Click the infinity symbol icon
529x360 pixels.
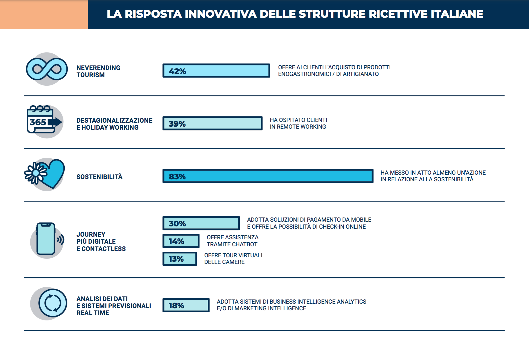pyautogui.click(x=47, y=69)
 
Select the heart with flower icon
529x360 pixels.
pyautogui.click(x=46, y=174)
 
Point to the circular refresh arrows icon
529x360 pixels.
pyautogui.click(x=53, y=303)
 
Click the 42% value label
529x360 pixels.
pyautogui.click(x=177, y=71)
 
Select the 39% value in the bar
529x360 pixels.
pyautogui.click(x=177, y=124)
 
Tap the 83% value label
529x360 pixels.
pyautogui.click(x=177, y=176)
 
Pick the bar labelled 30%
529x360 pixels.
pyautogui.click(x=201, y=223)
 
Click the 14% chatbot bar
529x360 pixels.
pyautogui.click(x=181, y=241)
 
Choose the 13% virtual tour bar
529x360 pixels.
pyautogui.click(x=180, y=259)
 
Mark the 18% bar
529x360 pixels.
pyautogui.click(x=186, y=305)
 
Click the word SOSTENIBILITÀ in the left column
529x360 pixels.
pyautogui.click(x=99, y=177)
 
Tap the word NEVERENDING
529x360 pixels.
pyautogui.click(x=98, y=68)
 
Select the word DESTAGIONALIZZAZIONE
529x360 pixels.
pyautogui.click(x=114, y=120)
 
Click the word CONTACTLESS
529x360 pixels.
pyautogui.click(x=104, y=249)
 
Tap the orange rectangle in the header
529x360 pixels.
pyautogui.click(x=44, y=14)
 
